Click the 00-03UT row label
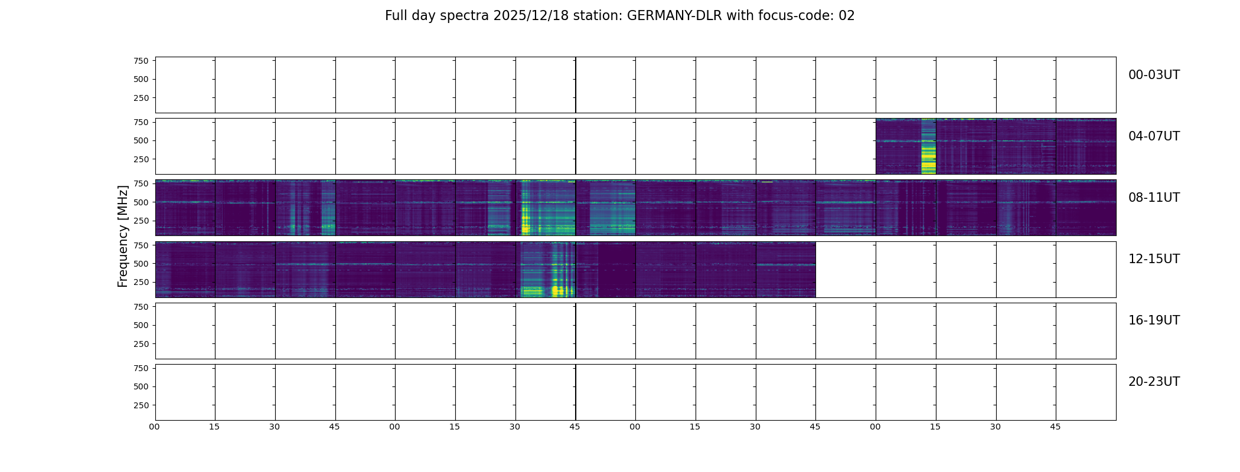[x=1153, y=75]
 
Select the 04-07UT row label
[x=1153, y=136]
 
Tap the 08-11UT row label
[x=1153, y=198]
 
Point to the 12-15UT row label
[x=1153, y=259]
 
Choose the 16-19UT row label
[x=1153, y=320]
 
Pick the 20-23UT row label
[x=1153, y=382]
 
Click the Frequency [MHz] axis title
[x=123, y=236]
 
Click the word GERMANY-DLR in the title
[x=674, y=16]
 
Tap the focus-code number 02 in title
[x=846, y=16]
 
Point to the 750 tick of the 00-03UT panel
[x=141, y=61]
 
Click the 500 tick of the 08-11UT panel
[x=141, y=202]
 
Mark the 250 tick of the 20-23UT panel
[x=141, y=405]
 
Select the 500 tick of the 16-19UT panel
[x=141, y=325]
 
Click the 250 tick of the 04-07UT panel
[x=141, y=159]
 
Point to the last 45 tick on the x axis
[x=1055, y=427]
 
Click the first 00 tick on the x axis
[x=155, y=427]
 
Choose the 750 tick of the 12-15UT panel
[x=141, y=245]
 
